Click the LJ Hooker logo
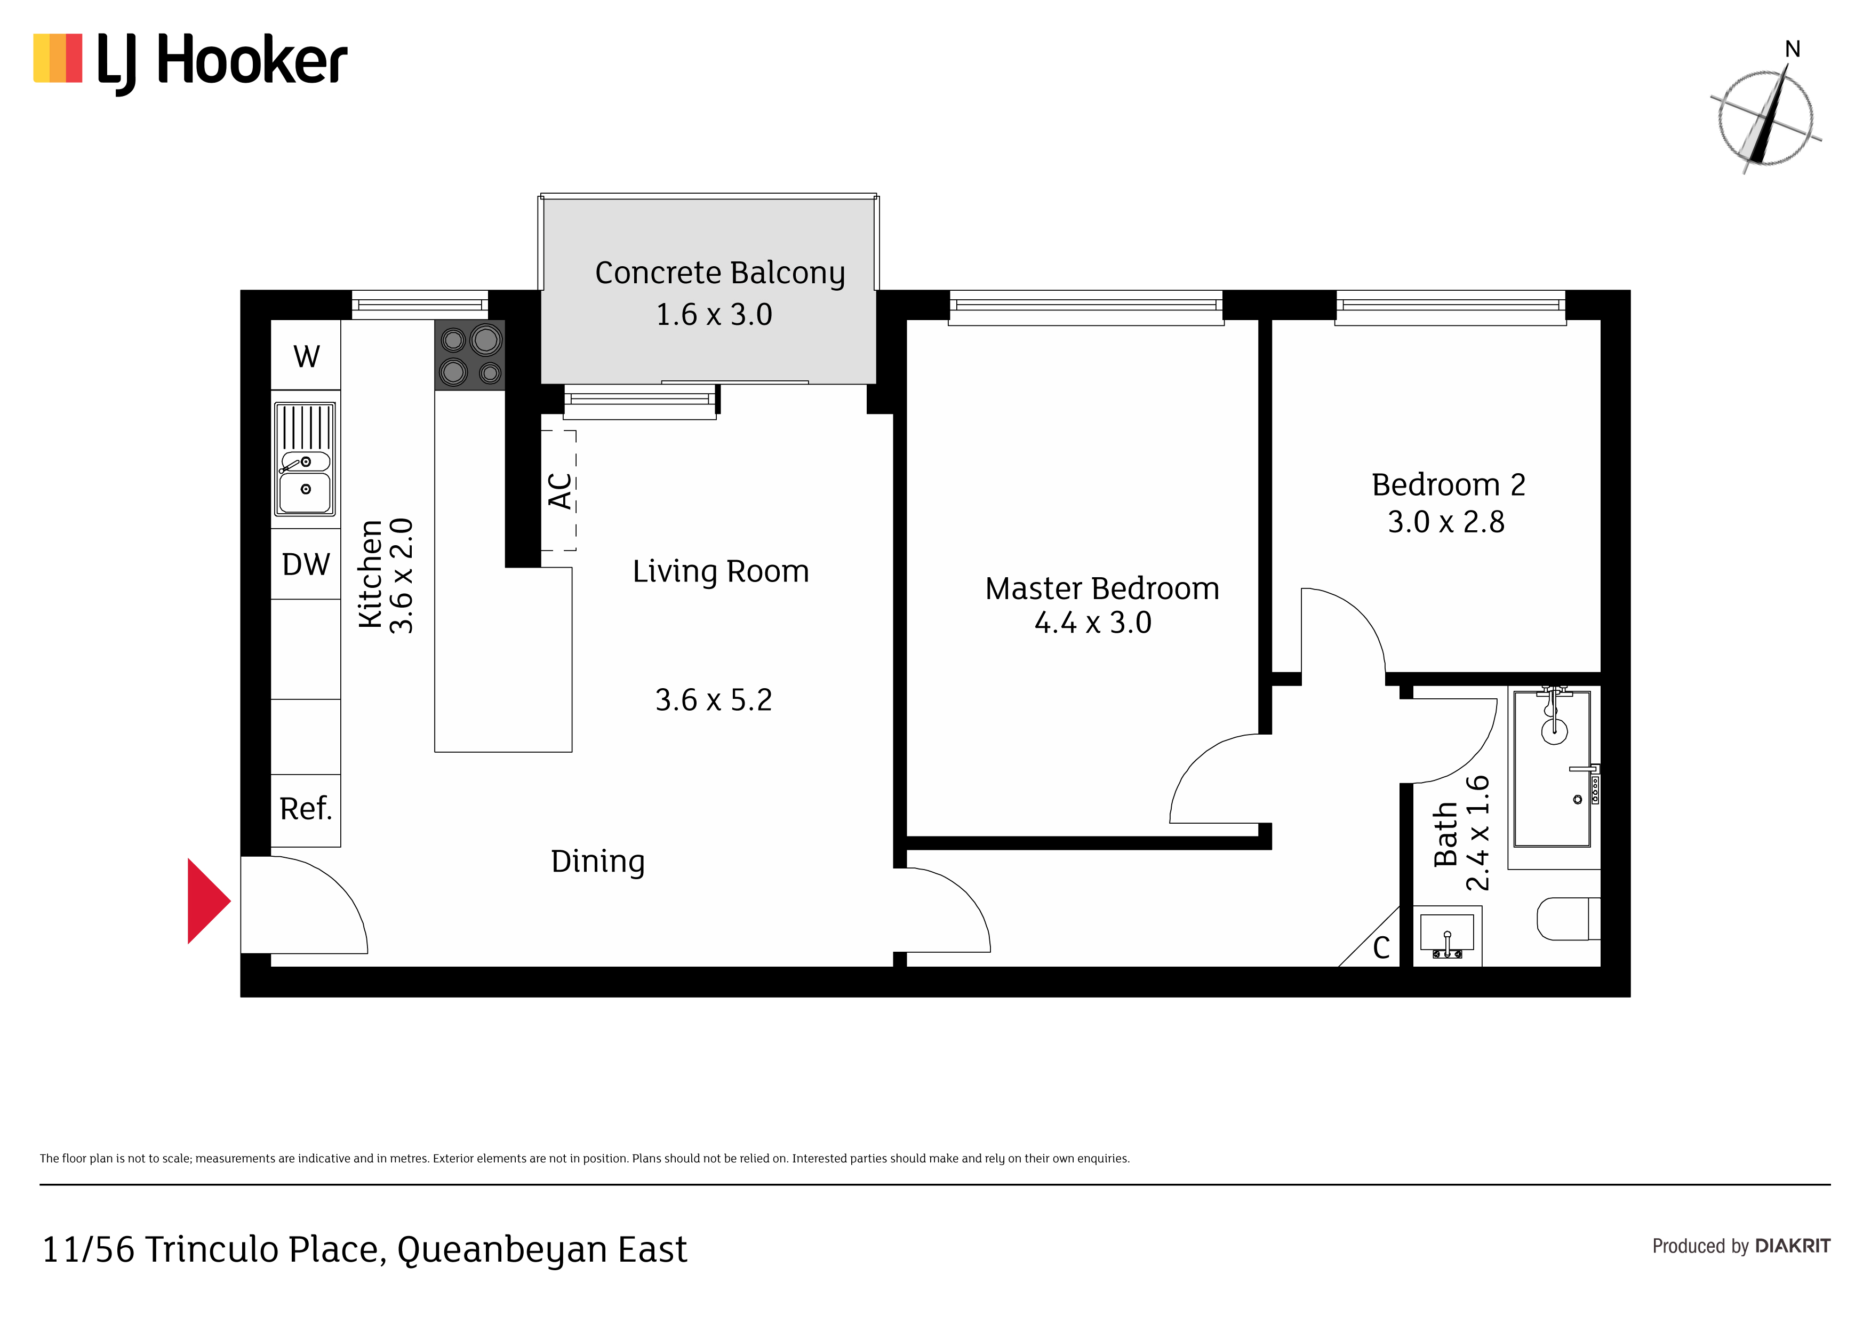[190, 61]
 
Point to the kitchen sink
[305, 459]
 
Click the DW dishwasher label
[306, 564]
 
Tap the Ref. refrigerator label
[306, 809]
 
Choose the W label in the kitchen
[306, 356]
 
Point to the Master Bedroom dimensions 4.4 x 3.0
[1093, 623]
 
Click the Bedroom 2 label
[1448, 484]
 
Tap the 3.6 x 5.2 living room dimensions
[713, 699]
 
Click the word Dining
[597, 862]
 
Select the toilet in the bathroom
[1568, 919]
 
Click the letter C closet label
[1381, 947]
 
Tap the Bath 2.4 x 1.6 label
[1461, 832]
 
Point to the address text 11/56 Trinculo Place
[213, 1249]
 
